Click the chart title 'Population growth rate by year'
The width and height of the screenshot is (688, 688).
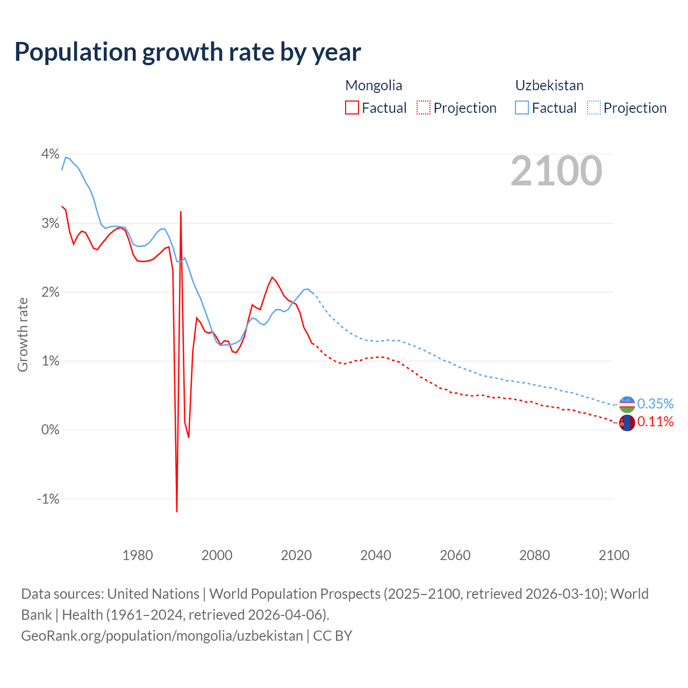(x=188, y=52)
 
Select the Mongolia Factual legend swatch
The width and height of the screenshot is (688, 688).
(x=352, y=107)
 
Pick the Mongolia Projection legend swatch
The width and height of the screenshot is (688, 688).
(x=424, y=107)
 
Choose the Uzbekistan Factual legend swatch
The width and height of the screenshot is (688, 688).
(x=522, y=107)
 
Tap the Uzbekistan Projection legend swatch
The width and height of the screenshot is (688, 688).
(x=593, y=107)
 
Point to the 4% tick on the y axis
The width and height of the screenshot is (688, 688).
(x=51, y=154)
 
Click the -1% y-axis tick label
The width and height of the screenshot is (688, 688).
(x=48, y=499)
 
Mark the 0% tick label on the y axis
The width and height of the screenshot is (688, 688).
(x=50, y=430)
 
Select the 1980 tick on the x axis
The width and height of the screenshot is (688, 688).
(x=138, y=555)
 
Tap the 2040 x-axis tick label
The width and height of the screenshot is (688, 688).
(x=376, y=555)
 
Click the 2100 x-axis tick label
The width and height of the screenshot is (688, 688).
(x=614, y=555)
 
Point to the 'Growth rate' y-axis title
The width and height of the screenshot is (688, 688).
(x=23, y=334)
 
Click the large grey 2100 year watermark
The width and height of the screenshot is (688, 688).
(x=556, y=171)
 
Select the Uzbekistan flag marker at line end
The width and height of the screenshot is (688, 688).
(x=627, y=404)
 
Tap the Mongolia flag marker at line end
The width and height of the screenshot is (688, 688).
(x=627, y=423)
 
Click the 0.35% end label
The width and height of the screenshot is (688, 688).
(x=655, y=404)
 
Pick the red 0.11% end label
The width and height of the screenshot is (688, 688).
(x=655, y=421)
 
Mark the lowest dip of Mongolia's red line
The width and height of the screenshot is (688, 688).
(x=177, y=511)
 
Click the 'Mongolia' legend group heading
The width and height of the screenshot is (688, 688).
(x=374, y=85)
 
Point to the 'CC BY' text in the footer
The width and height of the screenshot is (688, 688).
(x=333, y=635)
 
